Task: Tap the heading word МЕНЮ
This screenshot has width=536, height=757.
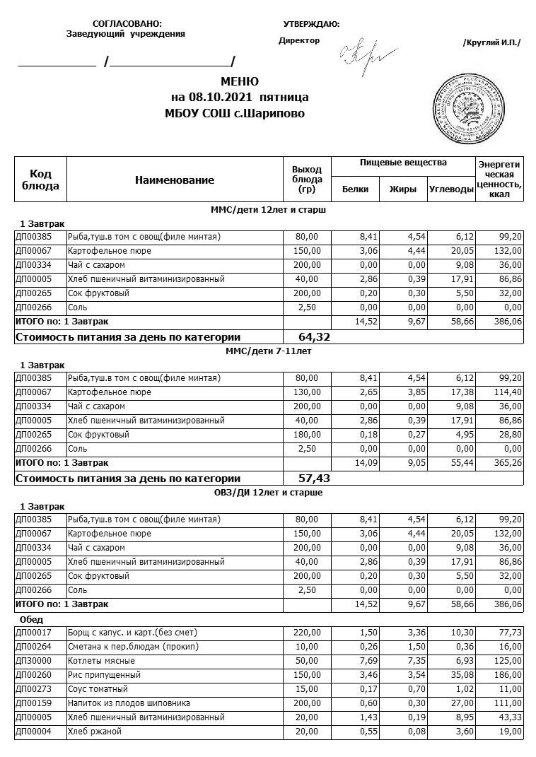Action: [240, 82]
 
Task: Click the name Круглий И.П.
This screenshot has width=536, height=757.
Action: [491, 42]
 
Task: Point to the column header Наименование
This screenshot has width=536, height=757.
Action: [175, 180]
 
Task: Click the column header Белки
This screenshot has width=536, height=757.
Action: [355, 189]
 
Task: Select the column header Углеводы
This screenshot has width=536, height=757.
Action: [451, 189]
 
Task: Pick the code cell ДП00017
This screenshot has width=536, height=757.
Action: [33, 633]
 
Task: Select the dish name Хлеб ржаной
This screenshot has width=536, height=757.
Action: [94, 732]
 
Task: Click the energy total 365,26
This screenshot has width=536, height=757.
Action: [507, 463]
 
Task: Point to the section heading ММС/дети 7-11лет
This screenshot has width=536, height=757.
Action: [268, 351]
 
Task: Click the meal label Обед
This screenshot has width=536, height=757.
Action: [32, 619]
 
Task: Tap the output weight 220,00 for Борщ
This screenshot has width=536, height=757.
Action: [307, 633]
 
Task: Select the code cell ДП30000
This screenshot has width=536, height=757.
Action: [33, 661]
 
